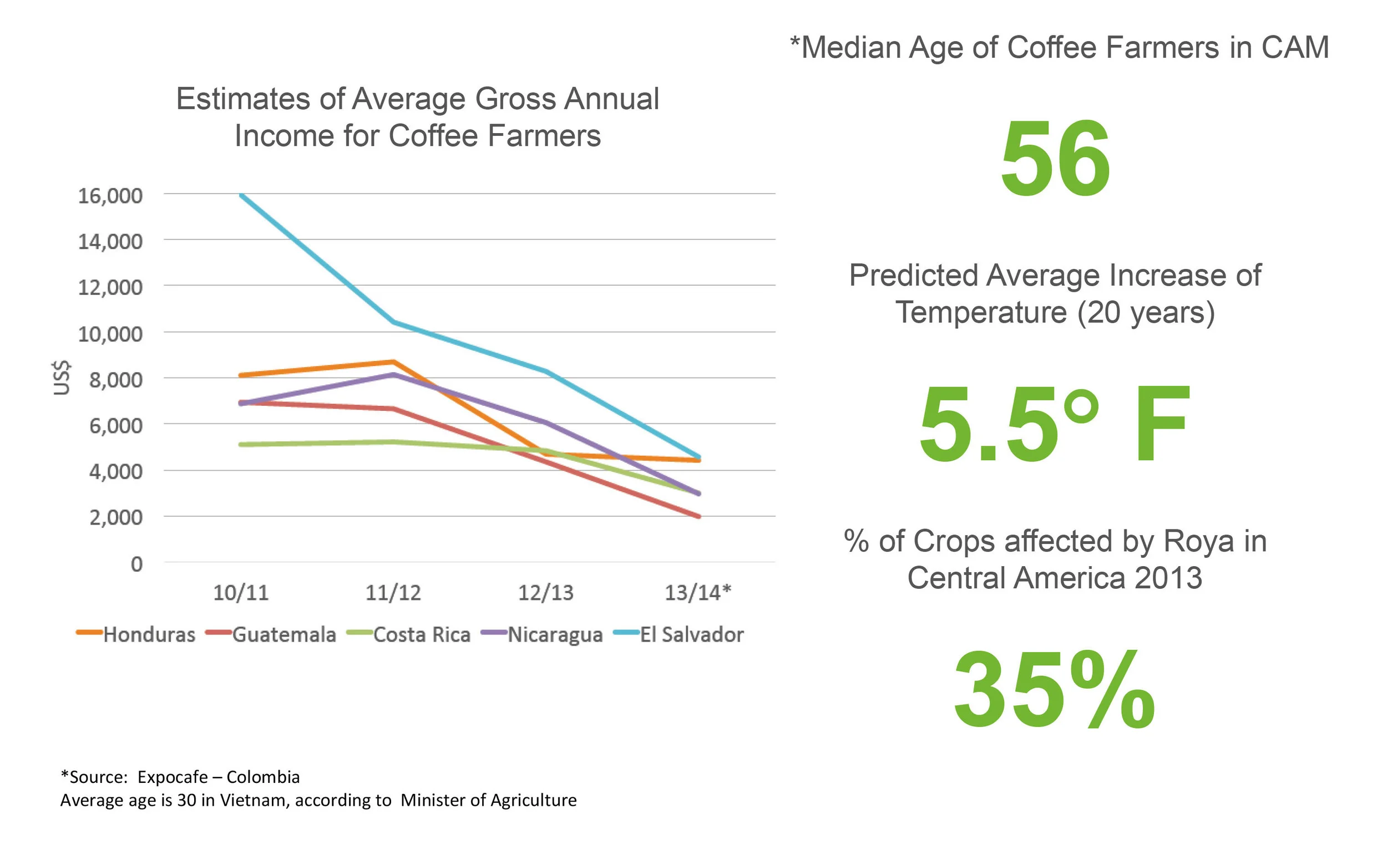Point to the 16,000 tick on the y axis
(110, 196)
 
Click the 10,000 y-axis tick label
(110, 334)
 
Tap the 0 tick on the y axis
(136, 564)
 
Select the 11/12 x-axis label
(393, 593)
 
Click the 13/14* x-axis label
(697, 593)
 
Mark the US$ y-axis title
(62, 377)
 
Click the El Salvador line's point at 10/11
(242, 196)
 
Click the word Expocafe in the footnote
(173, 777)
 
